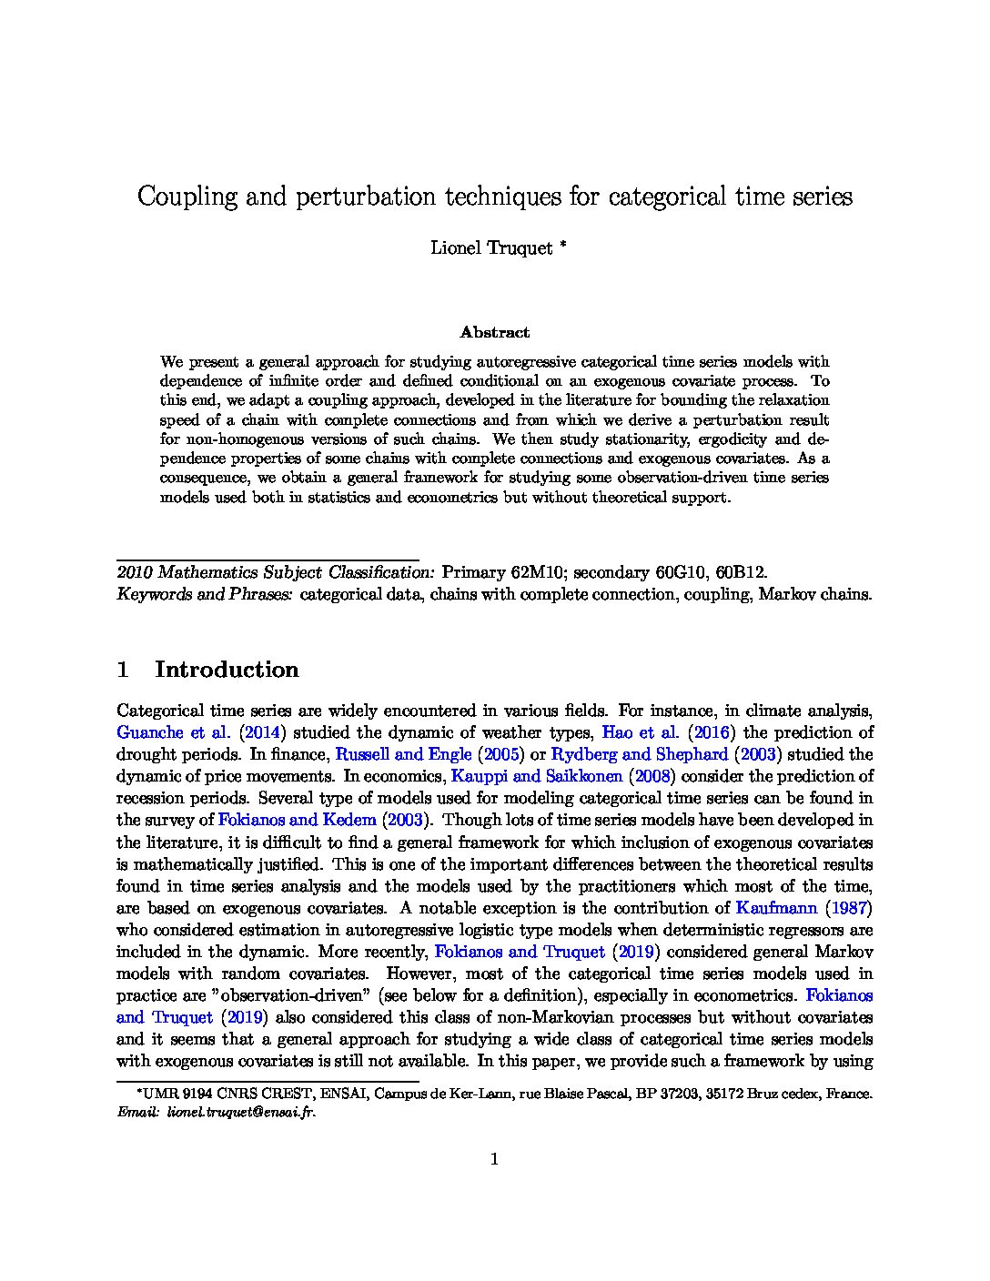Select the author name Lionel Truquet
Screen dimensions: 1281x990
click(x=491, y=248)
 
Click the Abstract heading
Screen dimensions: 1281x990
click(x=494, y=333)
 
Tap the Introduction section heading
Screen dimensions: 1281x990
click(x=227, y=670)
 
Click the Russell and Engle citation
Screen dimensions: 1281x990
click(x=404, y=754)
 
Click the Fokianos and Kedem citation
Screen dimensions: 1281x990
click(x=297, y=820)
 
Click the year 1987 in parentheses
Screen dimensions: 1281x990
click(x=848, y=907)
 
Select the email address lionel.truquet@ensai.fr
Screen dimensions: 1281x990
click(x=241, y=1112)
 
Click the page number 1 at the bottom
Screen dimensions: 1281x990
click(x=495, y=1159)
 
